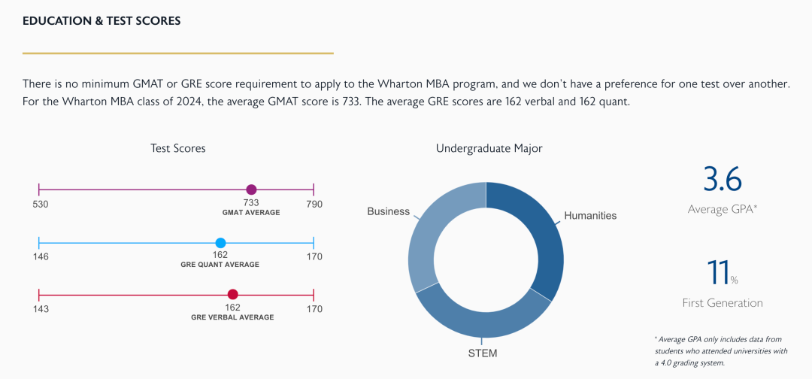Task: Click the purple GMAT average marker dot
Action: [x=251, y=190]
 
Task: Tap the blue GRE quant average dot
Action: [x=220, y=243]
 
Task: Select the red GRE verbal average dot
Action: [x=233, y=295]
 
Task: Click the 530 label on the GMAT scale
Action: [x=41, y=205]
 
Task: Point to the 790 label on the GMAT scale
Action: [x=314, y=205]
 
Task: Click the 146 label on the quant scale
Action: [x=41, y=256]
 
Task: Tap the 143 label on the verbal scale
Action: [x=41, y=309]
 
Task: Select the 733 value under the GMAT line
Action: [x=251, y=203]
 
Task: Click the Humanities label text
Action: [x=590, y=216]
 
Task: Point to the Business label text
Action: [x=388, y=211]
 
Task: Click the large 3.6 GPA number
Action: [x=722, y=180]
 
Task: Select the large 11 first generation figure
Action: [x=717, y=273]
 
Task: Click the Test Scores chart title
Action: [x=177, y=148]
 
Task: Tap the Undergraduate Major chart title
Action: [x=489, y=148]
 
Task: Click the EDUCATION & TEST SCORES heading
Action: [x=101, y=21]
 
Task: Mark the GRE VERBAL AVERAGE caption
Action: [x=232, y=317]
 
